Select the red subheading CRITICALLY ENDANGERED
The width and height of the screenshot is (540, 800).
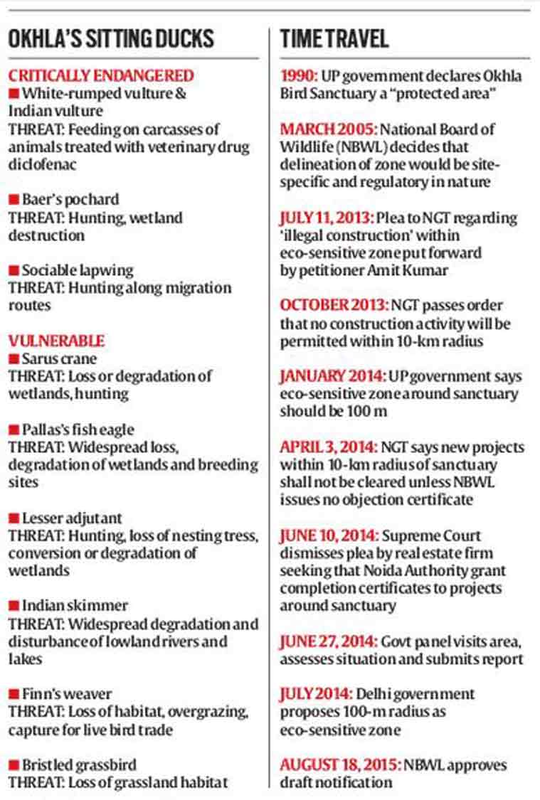point(101,75)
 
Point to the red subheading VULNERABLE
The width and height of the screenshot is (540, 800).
point(56,341)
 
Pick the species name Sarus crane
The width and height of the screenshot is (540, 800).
point(59,358)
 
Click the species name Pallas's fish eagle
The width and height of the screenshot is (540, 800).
point(78,430)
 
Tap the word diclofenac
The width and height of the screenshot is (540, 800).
point(42,164)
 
